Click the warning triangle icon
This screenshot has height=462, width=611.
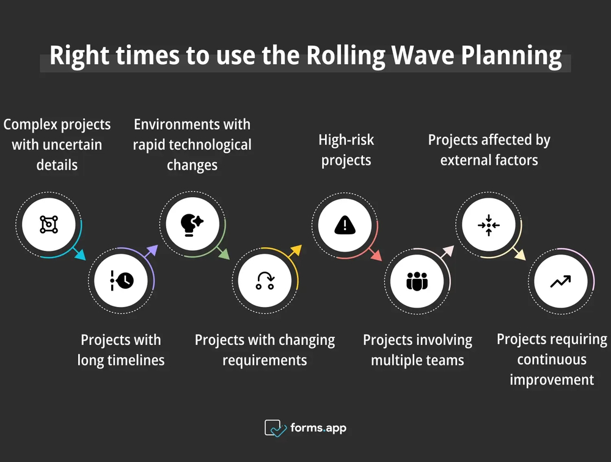pyautogui.click(x=345, y=225)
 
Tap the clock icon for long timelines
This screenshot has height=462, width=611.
pyautogui.click(x=122, y=280)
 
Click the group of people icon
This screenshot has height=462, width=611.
pyautogui.click(x=417, y=281)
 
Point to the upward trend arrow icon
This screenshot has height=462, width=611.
pyautogui.click(x=560, y=281)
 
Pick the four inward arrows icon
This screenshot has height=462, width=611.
pyautogui.click(x=489, y=225)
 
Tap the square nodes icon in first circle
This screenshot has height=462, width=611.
pyautogui.click(x=49, y=225)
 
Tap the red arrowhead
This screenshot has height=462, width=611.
pyautogui.click(x=376, y=255)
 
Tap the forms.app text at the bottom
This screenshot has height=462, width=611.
pyautogui.click(x=318, y=428)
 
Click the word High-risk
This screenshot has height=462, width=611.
pyautogui.click(x=346, y=140)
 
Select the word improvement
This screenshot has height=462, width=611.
pyautogui.click(x=552, y=380)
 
